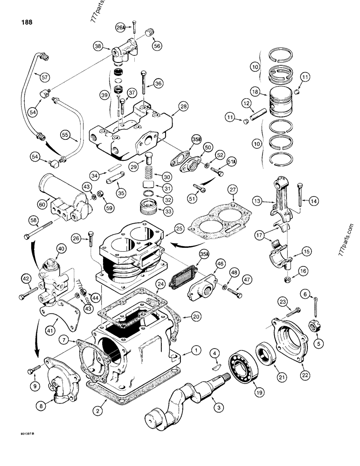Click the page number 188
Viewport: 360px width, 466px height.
tap(28, 22)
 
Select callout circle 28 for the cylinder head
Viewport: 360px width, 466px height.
tap(183, 107)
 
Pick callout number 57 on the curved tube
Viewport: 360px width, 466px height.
tap(45, 76)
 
